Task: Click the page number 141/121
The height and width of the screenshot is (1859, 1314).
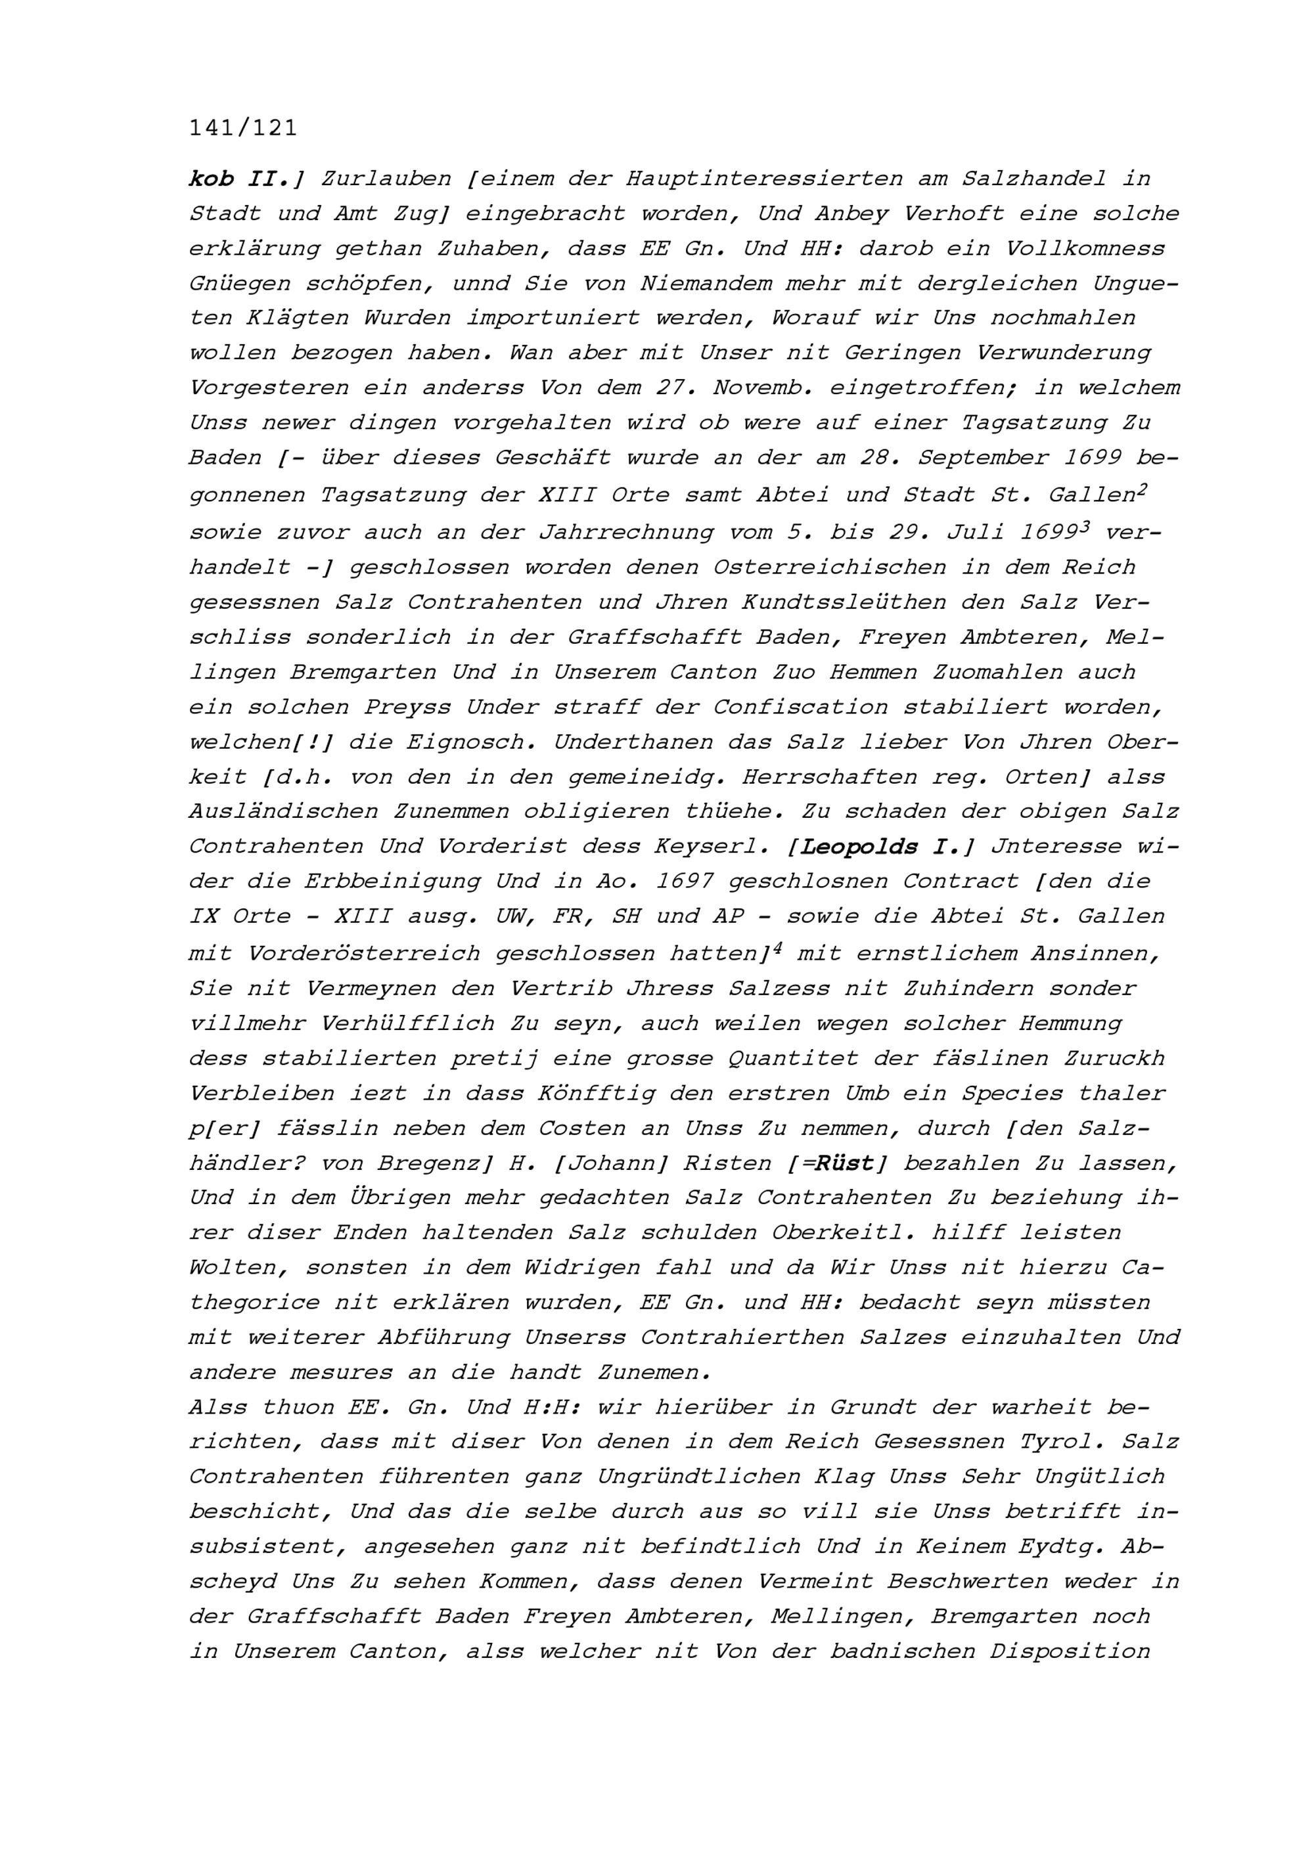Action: (x=243, y=128)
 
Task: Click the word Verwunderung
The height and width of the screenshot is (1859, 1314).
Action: (x=1063, y=353)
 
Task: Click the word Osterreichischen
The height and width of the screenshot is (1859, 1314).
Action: (x=829, y=567)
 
